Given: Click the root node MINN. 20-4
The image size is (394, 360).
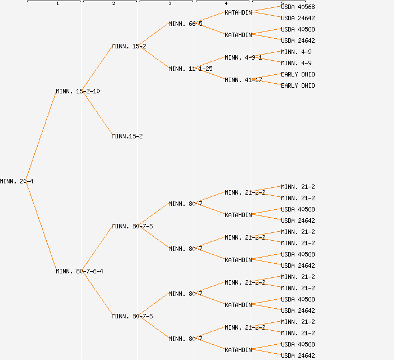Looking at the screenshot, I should click(x=16, y=181).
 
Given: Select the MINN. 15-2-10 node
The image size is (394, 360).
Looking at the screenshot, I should click(x=78, y=91).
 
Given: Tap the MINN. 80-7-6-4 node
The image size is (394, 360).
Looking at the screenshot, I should click(x=79, y=271).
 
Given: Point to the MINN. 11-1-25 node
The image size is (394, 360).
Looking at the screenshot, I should click(x=190, y=69).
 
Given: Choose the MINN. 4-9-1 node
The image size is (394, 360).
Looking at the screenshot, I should click(x=243, y=57).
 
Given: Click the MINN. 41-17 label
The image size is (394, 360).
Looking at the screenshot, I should click(x=243, y=80).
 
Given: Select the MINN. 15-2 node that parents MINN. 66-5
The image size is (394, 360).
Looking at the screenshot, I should click(x=129, y=46).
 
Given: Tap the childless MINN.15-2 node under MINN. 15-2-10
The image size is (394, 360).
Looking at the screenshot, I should click(x=127, y=136).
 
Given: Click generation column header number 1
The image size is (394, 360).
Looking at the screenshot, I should click(x=57, y=3).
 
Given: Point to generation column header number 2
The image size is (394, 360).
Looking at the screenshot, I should click(x=114, y=3).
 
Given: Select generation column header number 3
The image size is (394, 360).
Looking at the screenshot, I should click(x=170, y=3).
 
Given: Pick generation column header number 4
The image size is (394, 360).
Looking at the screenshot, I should click(x=226, y=3).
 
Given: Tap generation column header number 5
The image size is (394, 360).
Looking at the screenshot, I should click(x=283, y=3).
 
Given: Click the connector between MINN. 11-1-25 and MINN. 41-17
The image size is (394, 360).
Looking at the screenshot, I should click(x=211, y=74).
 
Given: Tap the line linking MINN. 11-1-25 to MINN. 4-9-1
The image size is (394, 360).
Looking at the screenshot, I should click(x=211, y=63).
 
